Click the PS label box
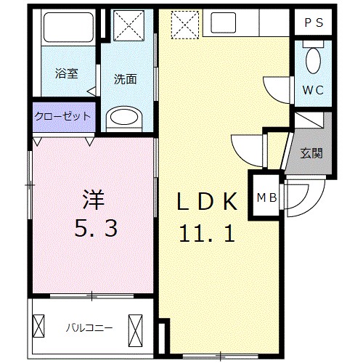pyautogui.click(x=314, y=23)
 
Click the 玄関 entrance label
pyautogui.click(x=311, y=152)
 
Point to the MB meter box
pyautogui.click(x=265, y=195)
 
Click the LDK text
pyautogui.click(x=207, y=202)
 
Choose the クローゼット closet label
pyautogui.click(x=62, y=116)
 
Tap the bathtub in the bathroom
pyautogui.click(x=68, y=28)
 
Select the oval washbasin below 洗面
pyautogui.click(x=126, y=117)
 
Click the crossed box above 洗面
pyautogui.click(x=128, y=27)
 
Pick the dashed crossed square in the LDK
pyautogui.click(x=184, y=25)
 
